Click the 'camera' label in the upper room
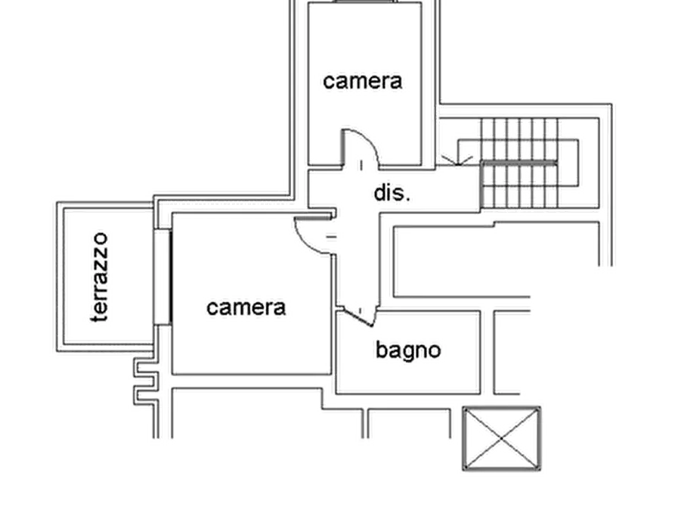point(363,82)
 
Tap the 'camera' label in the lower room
point(246,308)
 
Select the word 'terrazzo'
point(100,277)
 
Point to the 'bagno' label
point(408,350)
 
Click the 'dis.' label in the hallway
point(392,193)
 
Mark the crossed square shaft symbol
point(502,438)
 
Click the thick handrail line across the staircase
point(519,163)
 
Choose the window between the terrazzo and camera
point(163,277)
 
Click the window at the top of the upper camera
point(365,2)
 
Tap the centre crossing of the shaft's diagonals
point(502,438)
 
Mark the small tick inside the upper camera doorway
point(361,165)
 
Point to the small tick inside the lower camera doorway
point(332,237)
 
